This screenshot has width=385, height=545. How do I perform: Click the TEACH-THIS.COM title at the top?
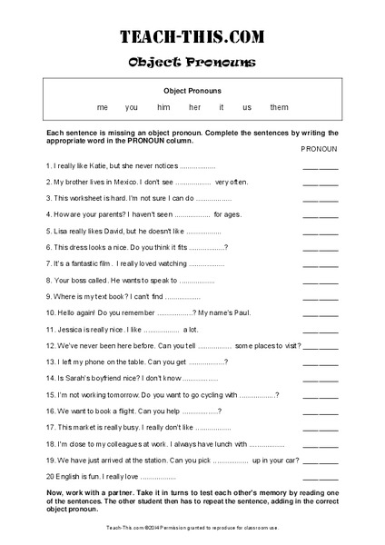(192, 36)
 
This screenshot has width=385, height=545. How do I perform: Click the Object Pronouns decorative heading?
(192, 62)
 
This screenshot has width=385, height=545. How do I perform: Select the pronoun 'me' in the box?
(103, 107)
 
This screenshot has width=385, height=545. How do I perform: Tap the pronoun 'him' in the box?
(163, 107)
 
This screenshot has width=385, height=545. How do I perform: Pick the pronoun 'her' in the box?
(194, 107)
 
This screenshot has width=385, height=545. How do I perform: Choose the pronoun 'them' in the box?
(279, 107)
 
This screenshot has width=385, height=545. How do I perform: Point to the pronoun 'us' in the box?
(247, 107)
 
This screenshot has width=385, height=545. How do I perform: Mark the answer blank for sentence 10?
(320, 313)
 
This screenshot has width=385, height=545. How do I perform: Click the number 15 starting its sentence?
(50, 395)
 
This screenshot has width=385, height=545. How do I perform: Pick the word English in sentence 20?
(70, 476)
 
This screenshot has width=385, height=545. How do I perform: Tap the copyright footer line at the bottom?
(192, 527)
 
